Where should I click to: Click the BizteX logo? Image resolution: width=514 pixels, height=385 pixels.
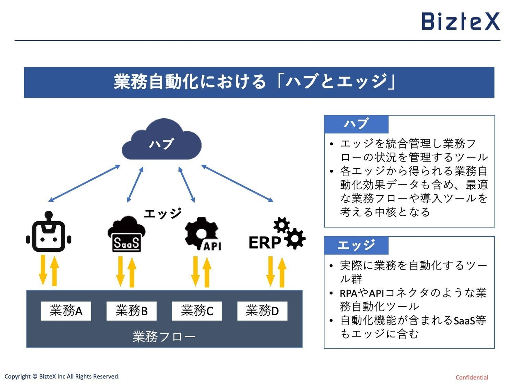(460, 21)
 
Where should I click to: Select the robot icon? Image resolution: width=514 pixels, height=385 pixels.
(49, 233)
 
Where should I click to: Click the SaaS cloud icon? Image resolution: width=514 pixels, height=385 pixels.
(126, 235)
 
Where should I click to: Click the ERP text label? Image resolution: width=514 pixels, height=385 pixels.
(264, 243)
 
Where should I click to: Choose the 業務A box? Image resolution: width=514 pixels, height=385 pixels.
(66, 311)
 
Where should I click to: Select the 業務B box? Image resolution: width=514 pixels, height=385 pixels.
(131, 311)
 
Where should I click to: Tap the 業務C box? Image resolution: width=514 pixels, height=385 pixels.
(197, 311)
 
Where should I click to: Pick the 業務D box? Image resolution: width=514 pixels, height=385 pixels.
(262, 311)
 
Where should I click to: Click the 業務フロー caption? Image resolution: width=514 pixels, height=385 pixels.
(164, 337)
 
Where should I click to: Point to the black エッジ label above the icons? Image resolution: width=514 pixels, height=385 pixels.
(162, 214)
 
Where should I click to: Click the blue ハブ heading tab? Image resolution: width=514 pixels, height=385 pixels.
(356, 124)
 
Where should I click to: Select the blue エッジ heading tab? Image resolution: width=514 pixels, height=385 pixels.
(356, 245)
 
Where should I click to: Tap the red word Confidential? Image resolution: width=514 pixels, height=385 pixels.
(472, 378)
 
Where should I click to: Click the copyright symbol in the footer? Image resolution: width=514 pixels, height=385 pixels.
(35, 376)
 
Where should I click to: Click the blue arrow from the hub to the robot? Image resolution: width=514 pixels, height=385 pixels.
(84, 183)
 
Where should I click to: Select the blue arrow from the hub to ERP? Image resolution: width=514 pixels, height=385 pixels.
(237, 183)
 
